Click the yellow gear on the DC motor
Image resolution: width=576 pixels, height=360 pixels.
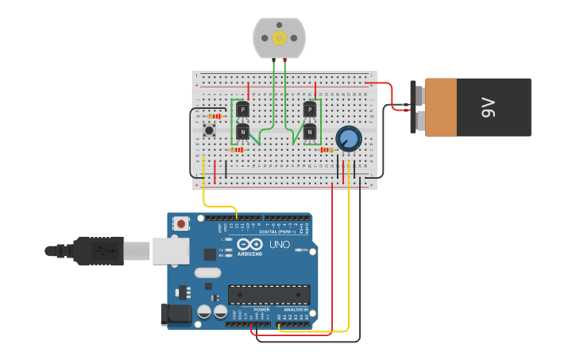point(279,37)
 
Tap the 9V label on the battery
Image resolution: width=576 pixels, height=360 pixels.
point(488,107)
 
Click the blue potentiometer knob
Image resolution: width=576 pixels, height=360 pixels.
point(348,139)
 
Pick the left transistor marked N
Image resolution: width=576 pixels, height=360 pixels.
point(242,131)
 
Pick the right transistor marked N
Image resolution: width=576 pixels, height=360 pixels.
point(310,131)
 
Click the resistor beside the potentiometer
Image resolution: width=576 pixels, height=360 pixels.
point(326,149)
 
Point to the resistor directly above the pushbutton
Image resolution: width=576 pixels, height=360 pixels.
point(214,116)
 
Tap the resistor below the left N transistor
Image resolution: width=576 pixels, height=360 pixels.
point(237,149)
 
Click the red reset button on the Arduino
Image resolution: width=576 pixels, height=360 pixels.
point(181,224)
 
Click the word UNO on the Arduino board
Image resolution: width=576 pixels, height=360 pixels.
point(280,244)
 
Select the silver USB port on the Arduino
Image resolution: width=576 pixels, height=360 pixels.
point(171,250)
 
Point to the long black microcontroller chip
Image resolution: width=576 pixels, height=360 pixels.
point(269,295)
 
